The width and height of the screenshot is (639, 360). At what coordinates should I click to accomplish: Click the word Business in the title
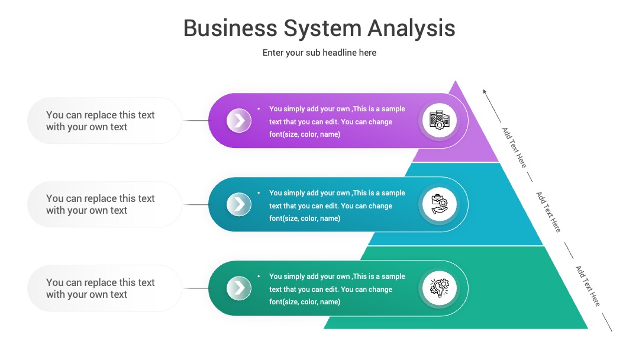click(x=230, y=28)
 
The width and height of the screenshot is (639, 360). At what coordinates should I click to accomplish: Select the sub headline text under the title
click(x=319, y=53)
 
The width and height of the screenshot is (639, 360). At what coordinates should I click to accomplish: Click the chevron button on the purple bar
click(x=239, y=120)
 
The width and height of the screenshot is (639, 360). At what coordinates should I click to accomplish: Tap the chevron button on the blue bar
click(x=239, y=204)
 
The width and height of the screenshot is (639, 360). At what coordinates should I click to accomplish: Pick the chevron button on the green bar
click(x=239, y=288)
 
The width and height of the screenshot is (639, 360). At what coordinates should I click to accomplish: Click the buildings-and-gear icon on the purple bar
click(x=439, y=120)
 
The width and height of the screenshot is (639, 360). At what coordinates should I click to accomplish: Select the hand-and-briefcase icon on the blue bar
click(x=439, y=204)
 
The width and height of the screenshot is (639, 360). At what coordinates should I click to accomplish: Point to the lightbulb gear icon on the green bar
click(x=439, y=288)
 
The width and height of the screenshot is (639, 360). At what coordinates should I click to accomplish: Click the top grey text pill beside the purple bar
click(x=105, y=121)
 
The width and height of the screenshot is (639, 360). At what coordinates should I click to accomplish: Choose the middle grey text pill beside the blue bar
click(x=105, y=204)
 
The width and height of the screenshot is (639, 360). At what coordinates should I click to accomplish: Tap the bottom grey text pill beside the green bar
click(x=105, y=288)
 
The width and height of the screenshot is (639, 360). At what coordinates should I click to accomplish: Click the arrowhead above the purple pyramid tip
click(x=485, y=91)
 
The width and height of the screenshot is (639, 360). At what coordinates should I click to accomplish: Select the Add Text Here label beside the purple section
click(x=514, y=147)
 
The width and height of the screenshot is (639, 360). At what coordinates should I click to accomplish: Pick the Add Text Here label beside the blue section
click(x=548, y=212)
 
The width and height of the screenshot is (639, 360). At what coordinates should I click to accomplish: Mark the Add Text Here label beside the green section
click(x=588, y=286)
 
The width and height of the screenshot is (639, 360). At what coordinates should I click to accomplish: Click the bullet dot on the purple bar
click(x=259, y=109)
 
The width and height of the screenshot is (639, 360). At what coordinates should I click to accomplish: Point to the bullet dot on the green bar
click(x=259, y=277)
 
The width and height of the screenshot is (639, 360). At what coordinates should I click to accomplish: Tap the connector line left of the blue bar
click(x=196, y=204)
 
